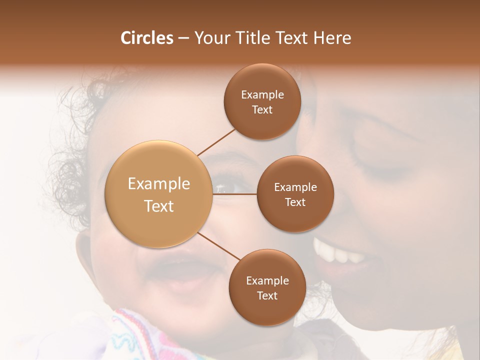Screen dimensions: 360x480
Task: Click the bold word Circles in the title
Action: pos(146,38)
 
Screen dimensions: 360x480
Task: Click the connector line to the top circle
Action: pos(216,142)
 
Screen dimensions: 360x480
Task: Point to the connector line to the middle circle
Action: pos(234,193)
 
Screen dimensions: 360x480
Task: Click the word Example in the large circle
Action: pos(159,184)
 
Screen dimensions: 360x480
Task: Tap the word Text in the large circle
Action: pos(159,206)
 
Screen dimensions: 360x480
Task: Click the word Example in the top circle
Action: pos(262,95)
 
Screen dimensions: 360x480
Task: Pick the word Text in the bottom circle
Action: pos(267,295)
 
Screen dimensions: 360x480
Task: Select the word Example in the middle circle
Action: pos(295,187)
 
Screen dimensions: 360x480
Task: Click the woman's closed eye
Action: pos(380,167)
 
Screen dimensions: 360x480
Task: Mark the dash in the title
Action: pos(183,38)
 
